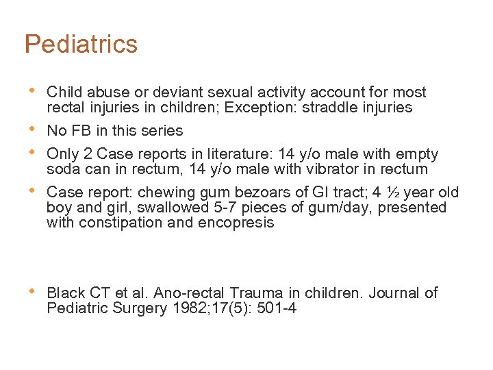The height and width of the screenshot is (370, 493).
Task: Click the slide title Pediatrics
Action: point(81,45)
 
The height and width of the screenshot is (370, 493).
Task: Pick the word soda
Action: point(62,169)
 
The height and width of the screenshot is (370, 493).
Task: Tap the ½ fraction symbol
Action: point(392,192)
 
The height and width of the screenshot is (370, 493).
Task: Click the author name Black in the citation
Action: point(66,293)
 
